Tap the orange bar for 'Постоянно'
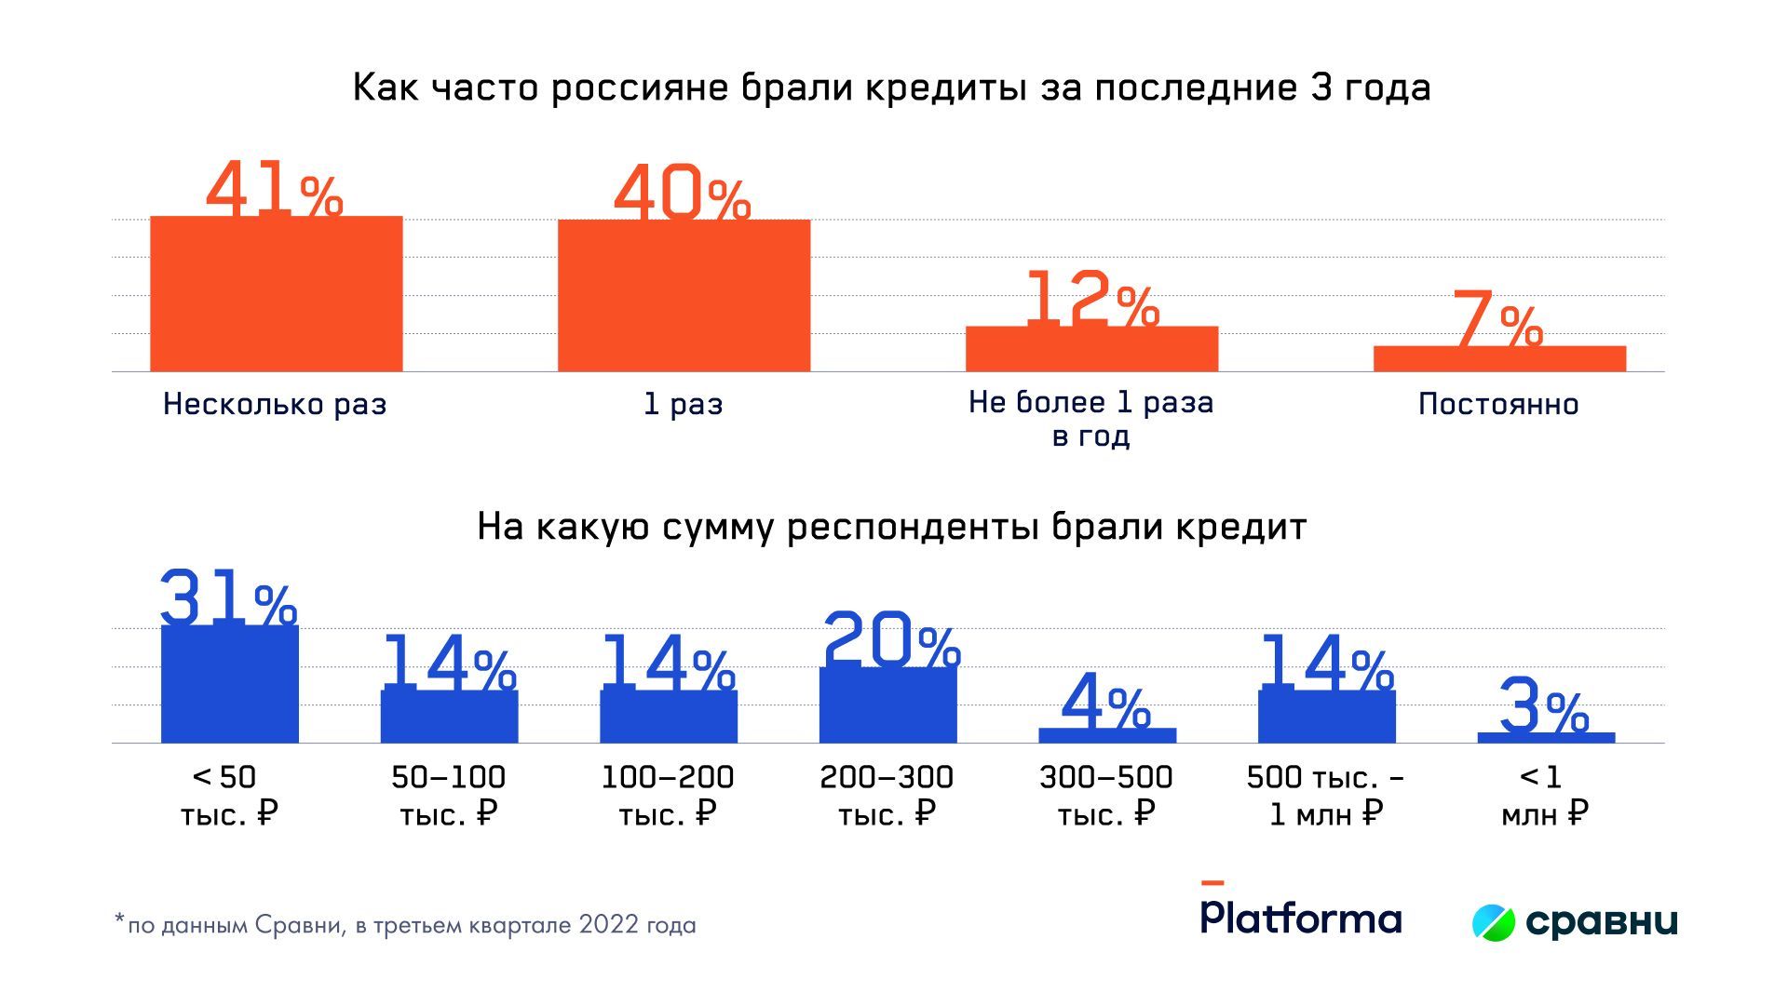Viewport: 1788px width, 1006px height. click(1499, 359)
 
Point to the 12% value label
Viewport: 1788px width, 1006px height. click(1091, 300)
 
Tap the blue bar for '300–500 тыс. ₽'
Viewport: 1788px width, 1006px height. click(1107, 735)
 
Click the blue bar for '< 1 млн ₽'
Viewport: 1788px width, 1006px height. click(1546, 738)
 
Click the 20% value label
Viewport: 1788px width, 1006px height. click(891, 639)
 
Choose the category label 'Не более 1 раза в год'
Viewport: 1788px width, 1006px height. click(1090, 419)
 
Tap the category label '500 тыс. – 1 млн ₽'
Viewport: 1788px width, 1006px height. click(1326, 796)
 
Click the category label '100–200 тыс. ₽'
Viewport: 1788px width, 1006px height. click(668, 796)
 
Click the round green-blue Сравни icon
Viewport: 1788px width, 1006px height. click(1494, 921)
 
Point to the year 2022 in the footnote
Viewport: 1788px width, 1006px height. click(608, 925)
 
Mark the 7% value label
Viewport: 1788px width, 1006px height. click(1496, 319)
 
